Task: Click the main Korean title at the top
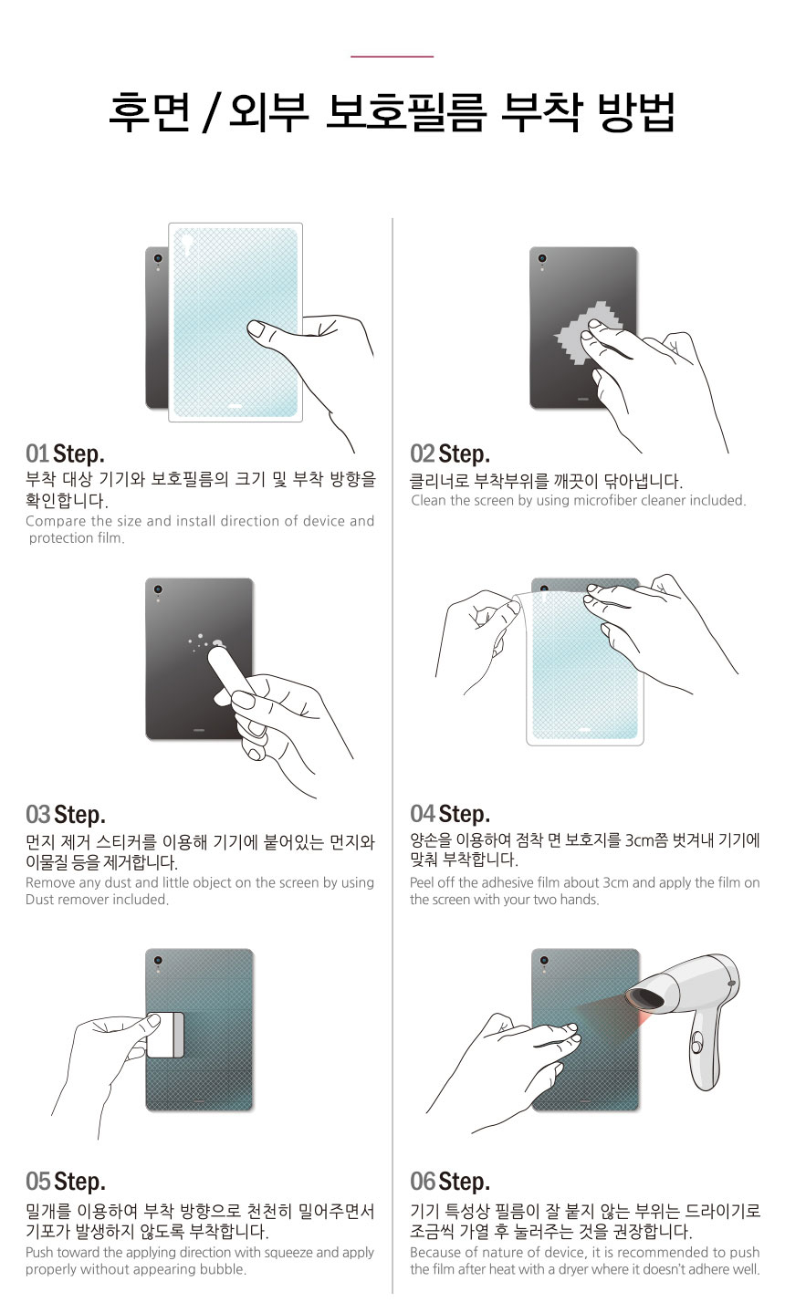392,113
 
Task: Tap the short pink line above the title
392,57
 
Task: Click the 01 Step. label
65,453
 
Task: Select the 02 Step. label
450,453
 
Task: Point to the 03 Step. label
65,814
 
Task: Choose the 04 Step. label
450,814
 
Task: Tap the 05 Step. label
65,1182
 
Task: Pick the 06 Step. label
450,1182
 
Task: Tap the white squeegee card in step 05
165,1034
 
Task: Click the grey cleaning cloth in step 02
584,333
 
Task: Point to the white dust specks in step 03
205,642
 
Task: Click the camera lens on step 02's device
543,259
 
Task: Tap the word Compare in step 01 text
56,522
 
